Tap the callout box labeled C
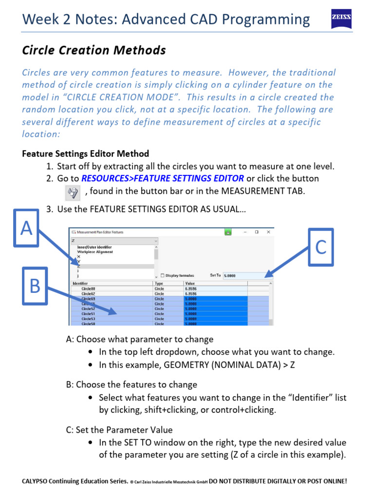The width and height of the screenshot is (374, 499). pos(320,247)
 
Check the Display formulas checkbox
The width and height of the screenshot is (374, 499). pos(162,275)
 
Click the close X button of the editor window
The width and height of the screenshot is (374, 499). pos(268,232)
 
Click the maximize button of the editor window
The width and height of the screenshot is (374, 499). pos(256,232)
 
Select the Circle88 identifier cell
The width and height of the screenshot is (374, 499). pos(89,288)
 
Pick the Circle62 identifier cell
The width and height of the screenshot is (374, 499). pos(89,294)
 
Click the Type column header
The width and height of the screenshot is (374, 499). pos(159,283)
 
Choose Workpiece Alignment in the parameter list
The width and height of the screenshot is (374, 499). pos(95,252)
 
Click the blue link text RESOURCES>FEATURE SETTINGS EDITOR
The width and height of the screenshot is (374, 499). pos(163,179)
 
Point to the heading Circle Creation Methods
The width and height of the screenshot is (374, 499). pos(94,50)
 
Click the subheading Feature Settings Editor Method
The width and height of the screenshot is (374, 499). pos(85,154)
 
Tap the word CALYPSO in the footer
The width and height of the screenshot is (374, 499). pos(37,481)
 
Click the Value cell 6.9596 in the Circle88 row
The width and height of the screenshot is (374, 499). pos(192,288)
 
